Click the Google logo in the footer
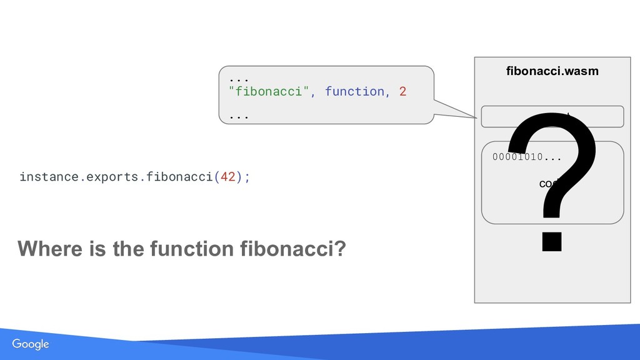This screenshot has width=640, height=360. point(31,344)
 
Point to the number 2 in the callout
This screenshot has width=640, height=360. point(402,91)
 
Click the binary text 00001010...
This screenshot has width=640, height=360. point(517,156)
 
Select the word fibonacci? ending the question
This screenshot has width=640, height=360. point(292,249)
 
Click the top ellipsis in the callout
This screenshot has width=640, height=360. point(238,79)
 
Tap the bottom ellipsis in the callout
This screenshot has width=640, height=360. point(238,116)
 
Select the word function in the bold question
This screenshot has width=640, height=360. point(194,249)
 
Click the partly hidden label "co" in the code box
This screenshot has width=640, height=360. point(544,184)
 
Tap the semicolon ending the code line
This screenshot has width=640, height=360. point(247,177)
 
